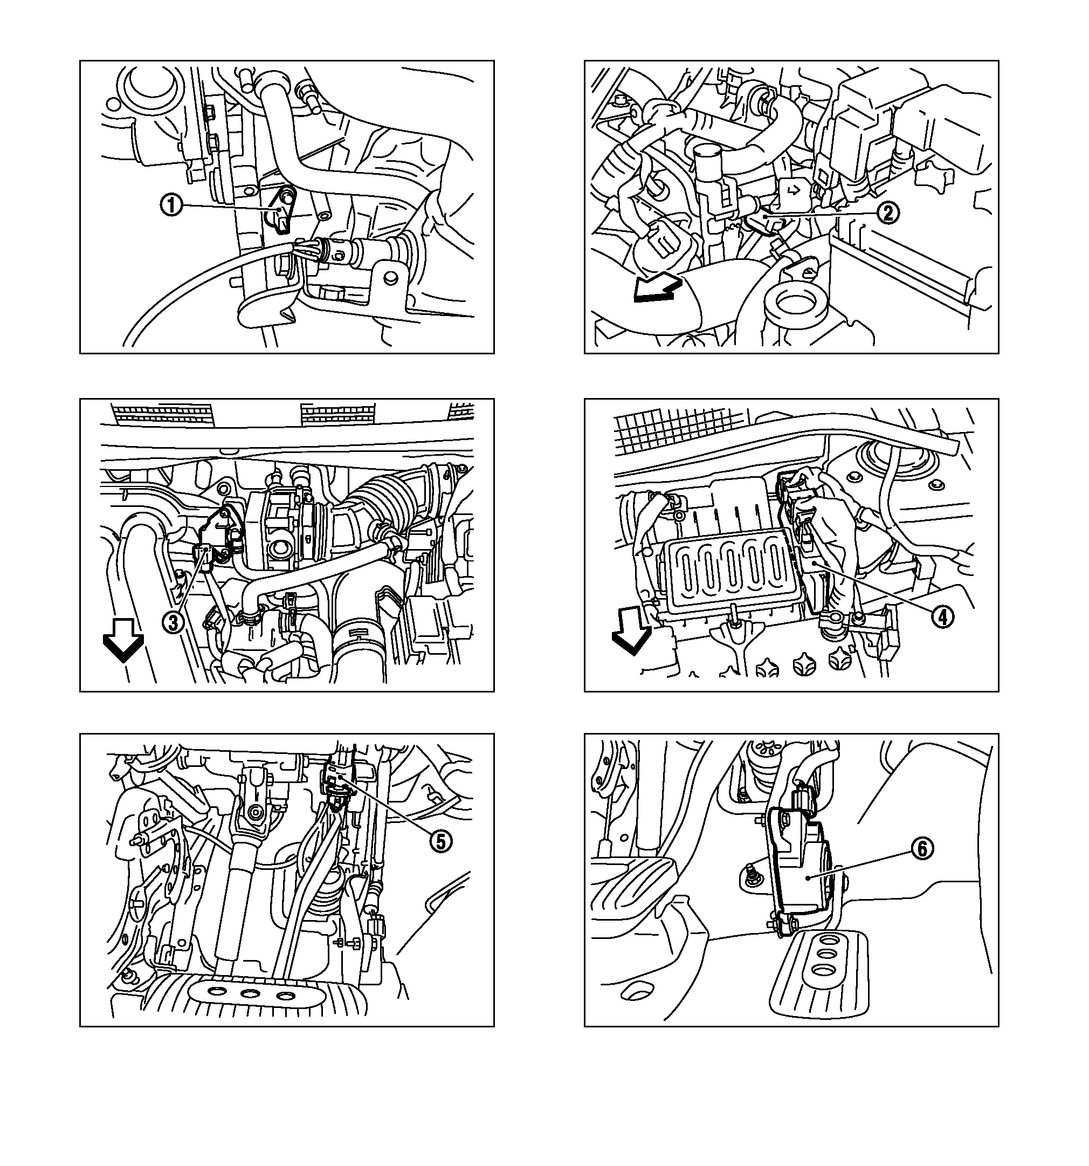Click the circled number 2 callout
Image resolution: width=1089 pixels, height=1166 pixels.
click(888, 212)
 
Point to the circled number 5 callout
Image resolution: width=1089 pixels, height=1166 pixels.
click(441, 842)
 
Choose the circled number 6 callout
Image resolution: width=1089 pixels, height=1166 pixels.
click(922, 848)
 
